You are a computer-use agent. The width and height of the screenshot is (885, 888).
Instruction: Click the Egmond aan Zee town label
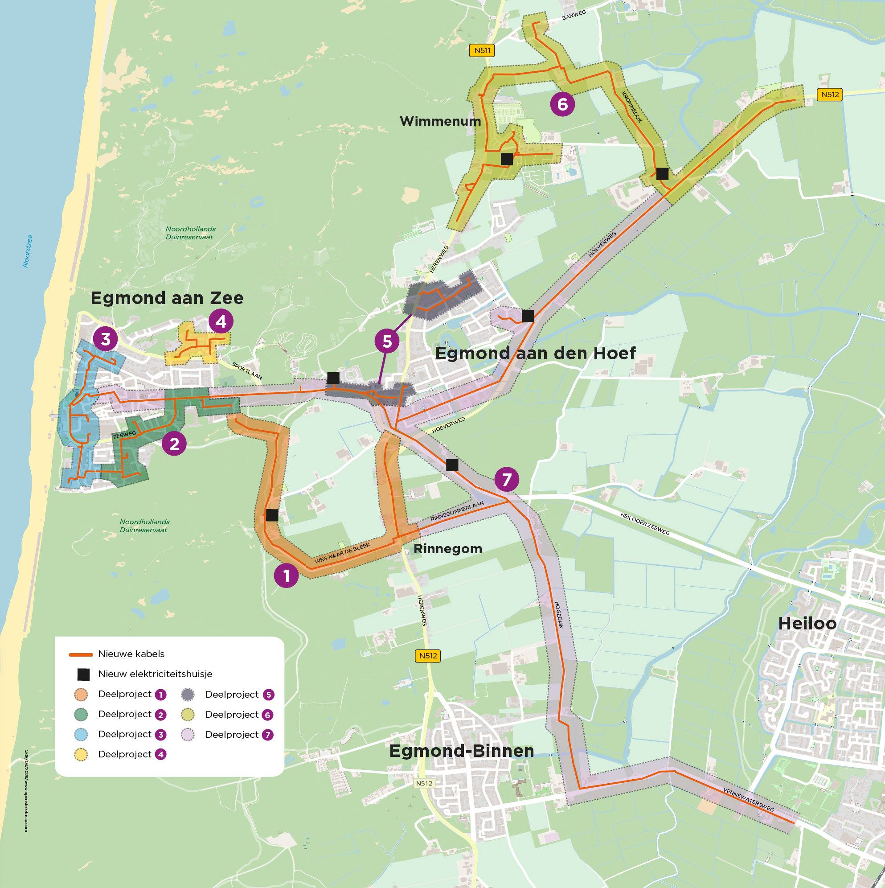167,298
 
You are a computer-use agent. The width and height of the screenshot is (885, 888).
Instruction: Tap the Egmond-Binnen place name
461,751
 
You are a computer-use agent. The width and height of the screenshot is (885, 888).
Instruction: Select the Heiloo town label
807,623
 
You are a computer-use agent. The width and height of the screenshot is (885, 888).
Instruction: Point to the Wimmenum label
440,121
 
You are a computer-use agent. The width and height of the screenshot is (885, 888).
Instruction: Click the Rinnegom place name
447,548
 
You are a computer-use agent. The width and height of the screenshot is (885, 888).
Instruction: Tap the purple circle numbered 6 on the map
562,104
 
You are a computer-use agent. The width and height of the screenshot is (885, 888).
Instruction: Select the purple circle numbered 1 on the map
286,576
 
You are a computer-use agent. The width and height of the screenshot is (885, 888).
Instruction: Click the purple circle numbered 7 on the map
506,479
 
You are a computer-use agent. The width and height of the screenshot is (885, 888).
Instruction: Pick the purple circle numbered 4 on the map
221,321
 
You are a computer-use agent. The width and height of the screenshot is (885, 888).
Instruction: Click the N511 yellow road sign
482,50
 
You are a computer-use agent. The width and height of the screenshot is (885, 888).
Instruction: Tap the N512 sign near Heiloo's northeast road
829,94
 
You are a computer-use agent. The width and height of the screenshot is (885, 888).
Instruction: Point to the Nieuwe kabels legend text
131,654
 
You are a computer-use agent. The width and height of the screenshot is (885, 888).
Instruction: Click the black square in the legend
83,674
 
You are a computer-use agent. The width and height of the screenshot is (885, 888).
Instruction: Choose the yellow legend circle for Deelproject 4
81,754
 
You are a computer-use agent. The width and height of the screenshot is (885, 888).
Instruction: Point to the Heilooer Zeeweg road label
645,523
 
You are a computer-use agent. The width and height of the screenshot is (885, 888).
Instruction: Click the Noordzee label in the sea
28,251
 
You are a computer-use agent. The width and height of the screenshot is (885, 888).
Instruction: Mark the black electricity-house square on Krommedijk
662,174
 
